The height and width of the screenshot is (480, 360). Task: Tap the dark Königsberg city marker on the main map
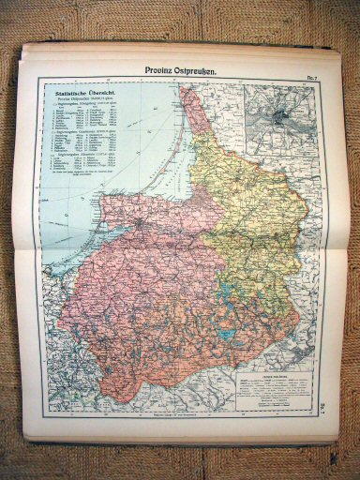tap(140, 224)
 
